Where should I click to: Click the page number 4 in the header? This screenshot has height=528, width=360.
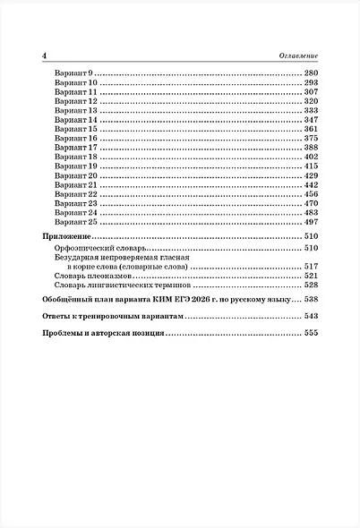pos(45,56)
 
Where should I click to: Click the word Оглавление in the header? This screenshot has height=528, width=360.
pos(296,56)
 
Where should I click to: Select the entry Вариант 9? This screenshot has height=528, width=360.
pos(73,72)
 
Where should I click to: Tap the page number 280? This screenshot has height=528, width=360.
pos(311,72)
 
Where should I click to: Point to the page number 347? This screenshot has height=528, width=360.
pos(311,120)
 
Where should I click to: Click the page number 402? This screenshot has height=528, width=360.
pos(311,158)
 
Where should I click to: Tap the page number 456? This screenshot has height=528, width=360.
pos(311,194)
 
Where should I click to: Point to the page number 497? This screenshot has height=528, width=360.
pos(311,223)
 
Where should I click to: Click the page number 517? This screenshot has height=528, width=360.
pos(311,267)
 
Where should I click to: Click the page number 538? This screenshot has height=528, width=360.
pos(311,301)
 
